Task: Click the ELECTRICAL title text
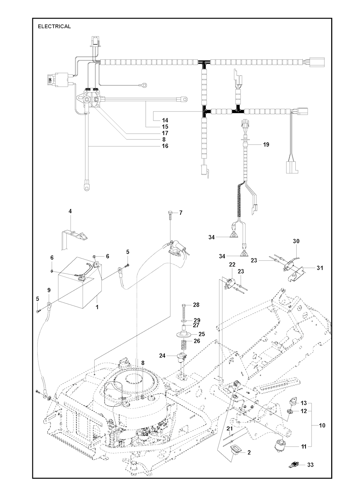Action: [54, 26]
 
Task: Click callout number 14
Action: [165, 120]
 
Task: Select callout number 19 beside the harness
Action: [266, 144]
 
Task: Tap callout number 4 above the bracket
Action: [70, 211]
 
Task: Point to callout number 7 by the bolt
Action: [181, 213]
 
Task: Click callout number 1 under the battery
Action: [97, 307]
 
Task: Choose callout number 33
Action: [310, 465]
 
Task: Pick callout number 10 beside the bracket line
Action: [322, 426]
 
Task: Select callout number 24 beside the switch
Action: [162, 356]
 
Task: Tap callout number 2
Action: [249, 453]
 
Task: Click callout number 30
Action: [296, 241]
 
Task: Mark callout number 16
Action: [165, 146]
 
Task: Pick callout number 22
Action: [232, 264]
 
